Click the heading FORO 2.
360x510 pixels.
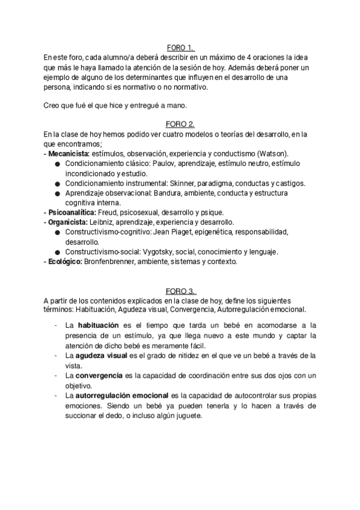coord(180,124)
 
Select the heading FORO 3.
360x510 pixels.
coord(180,291)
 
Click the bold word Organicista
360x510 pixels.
coord(67,222)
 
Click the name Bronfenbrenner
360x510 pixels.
coord(115,262)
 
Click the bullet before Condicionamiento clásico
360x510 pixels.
coord(56,164)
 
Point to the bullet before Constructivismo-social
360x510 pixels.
coord(56,252)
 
